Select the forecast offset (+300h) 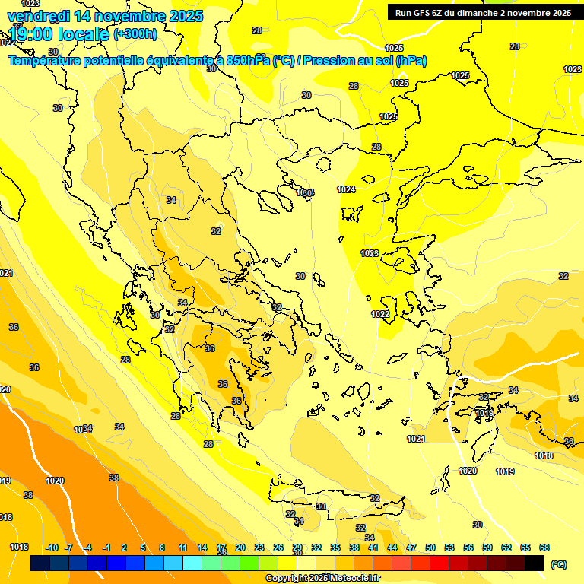pos(135,33)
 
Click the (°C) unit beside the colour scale pos(559,564)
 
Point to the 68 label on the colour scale pos(544,547)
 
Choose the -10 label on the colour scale pos(52,547)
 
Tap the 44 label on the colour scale pos(392,547)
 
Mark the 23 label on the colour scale pos(259,547)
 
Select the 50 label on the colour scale pos(430,547)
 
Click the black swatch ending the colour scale pos(535,563)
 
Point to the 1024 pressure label pos(347,189)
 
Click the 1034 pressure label pos(83,430)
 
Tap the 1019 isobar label pos(505,471)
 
